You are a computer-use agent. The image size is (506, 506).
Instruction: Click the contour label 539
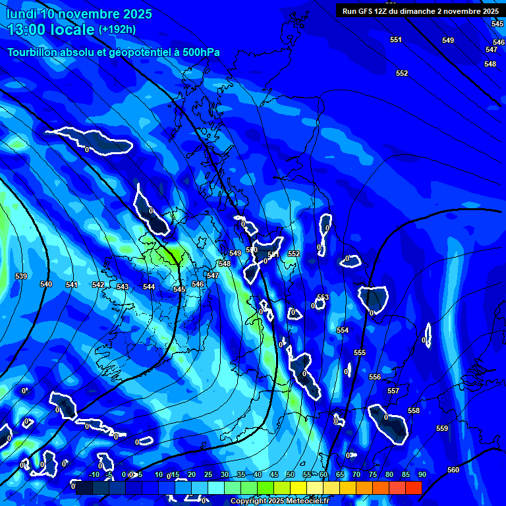point(21,276)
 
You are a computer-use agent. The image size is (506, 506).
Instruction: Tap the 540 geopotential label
point(46,284)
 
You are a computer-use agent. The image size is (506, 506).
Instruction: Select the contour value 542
point(98,285)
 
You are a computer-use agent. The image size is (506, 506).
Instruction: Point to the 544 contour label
point(149,287)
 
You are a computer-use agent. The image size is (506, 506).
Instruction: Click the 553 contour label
point(323,297)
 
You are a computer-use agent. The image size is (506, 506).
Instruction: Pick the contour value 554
point(343,330)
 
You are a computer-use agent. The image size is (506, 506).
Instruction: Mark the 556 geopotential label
point(375,377)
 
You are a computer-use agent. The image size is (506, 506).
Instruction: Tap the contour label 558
point(414,410)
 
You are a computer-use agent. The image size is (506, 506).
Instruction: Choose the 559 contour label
point(442,428)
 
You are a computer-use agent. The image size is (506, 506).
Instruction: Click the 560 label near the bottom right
point(453,470)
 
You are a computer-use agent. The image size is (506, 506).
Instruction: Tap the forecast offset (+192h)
point(117,30)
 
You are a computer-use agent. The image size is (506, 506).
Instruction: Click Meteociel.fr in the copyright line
point(306,501)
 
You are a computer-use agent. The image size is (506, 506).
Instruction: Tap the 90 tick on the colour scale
point(422,474)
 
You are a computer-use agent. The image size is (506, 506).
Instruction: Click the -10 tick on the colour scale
point(94,474)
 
